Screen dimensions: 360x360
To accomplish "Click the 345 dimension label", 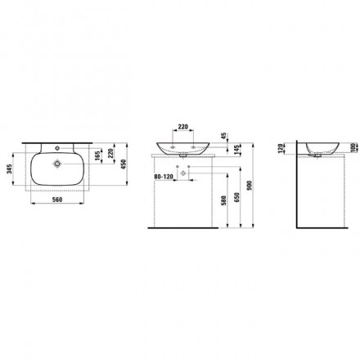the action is (9, 170).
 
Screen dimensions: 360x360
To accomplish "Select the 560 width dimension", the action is (57, 200).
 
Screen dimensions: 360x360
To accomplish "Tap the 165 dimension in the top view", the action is (97, 155).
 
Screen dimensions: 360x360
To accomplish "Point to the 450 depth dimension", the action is (124, 164).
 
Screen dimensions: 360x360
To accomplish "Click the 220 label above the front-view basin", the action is (183, 127).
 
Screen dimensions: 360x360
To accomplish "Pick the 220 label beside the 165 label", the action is (110, 153).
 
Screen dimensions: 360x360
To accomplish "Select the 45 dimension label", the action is (223, 136).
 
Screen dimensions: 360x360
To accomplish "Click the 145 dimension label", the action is (236, 150).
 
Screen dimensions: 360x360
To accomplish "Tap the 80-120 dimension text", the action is (164, 177).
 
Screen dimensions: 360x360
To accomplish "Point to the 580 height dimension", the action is (224, 201).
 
